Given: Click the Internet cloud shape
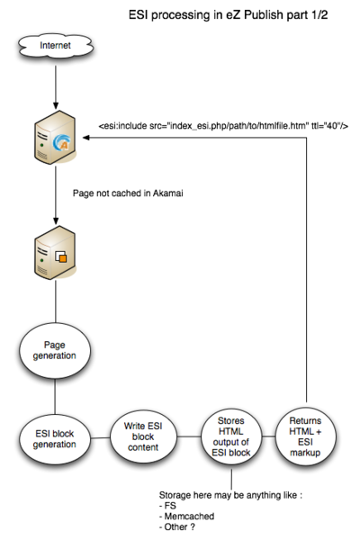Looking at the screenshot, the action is click(x=56, y=46).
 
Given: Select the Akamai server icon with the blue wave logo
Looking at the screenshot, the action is click(x=55, y=137).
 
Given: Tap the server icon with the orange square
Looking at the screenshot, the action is click(x=55, y=252).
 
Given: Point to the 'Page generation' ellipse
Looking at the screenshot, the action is click(x=55, y=351).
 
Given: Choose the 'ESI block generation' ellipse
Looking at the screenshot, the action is click(x=55, y=439).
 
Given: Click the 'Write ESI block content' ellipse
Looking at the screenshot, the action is click(x=143, y=436).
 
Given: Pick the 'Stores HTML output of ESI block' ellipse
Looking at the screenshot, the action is click(x=231, y=436).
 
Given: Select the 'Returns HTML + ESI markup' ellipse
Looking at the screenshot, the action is click(x=306, y=436).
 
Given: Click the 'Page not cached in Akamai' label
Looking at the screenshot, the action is click(x=128, y=193).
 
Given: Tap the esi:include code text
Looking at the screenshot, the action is click(x=223, y=126).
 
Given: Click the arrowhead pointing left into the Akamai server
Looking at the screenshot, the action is click(x=86, y=138).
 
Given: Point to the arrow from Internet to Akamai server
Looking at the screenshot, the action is click(x=56, y=87).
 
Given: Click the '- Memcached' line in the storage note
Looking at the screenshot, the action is click(x=186, y=517).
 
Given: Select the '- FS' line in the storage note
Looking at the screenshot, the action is click(x=167, y=506).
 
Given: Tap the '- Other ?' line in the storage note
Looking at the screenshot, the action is click(x=177, y=526).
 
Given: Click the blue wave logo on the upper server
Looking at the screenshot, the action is click(x=62, y=142).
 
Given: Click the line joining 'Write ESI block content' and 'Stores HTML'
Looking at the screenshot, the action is click(x=189, y=436).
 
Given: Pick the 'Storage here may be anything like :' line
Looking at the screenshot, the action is click(x=230, y=495).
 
